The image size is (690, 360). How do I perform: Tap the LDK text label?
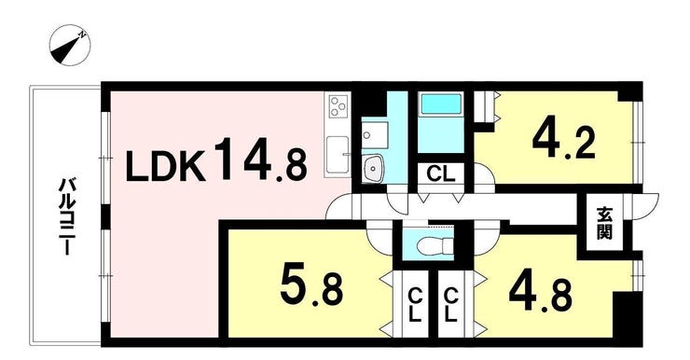point(166,166)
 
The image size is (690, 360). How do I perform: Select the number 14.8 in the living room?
point(260,159)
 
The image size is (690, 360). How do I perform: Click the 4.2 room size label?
point(564,138)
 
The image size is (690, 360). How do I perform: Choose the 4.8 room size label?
point(541,291)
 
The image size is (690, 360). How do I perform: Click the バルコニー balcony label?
point(66,215)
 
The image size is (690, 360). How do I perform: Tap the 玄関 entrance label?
point(604,223)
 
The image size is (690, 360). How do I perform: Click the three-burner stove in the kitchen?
point(338,106)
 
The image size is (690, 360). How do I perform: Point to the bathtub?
point(441,105)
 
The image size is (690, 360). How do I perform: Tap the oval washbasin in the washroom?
point(374,168)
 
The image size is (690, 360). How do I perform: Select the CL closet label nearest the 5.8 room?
point(415,305)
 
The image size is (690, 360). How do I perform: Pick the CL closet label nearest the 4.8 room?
point(450,305)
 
